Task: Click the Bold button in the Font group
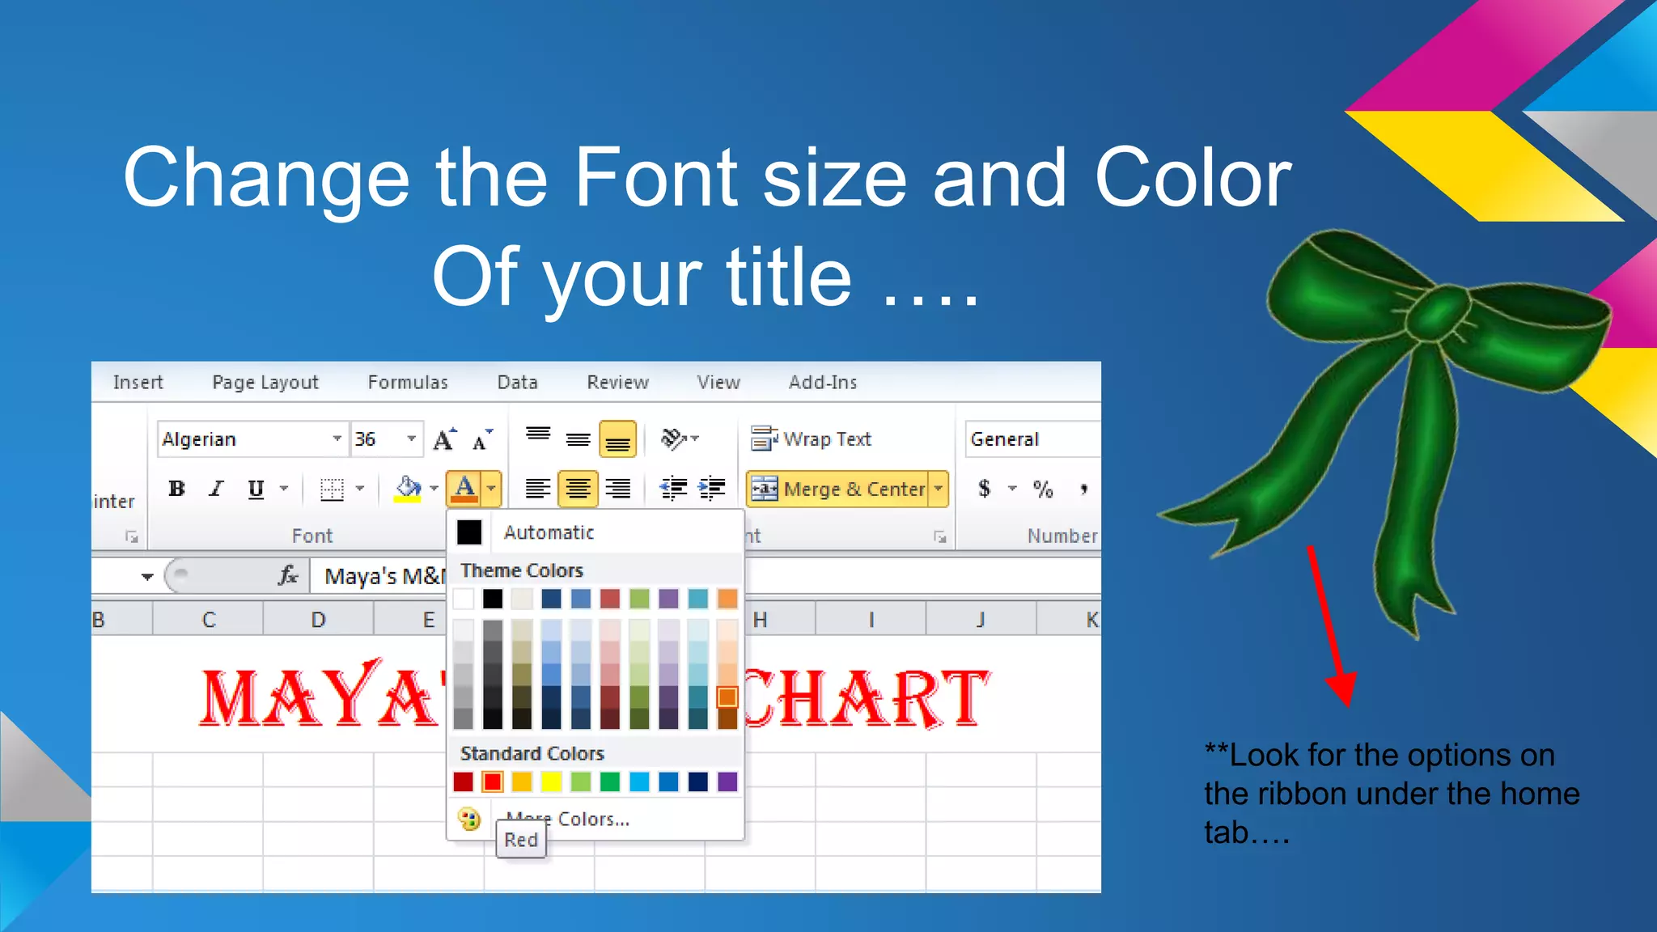pyautogui.click(x=176, y=489)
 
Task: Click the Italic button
pyautogui.click(x=216, y=489)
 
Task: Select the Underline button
pyautogui.click(x=256, y=489)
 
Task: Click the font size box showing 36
pyautogui.click(x=375, y=438)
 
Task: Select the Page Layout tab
pyautogui.click(x=265, y=382)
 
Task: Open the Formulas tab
pyautogui.click(x=408, y=382)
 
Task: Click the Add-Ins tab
pyautogui.click(x=823, y=382)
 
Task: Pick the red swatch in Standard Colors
pyautogui.click(x=492, y=782)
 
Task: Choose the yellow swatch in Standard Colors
pyautogui.click(x=551, y=782)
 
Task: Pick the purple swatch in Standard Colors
pyautogui.click(x=727, y=782)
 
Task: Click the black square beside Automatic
pyautogui.click(x=469, y=532)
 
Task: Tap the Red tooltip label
pyautogui.click(x=521, y=840)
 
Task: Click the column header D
pyautogui.click(x=318, y=620)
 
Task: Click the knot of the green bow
pyautogui.click(x=1438, y=316)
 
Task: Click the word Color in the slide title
pyautogui.click(x=1193, y=178)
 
